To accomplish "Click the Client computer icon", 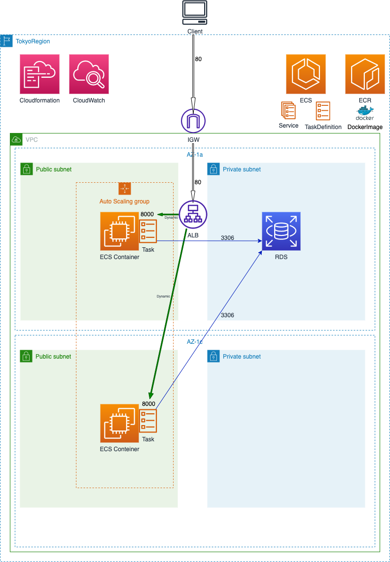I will pyautogui.click(x=195, y=13).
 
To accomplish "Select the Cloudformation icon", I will pyautogui.click(x=39, y=74).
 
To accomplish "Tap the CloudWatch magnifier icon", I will pyautogui.click(x=89, y=74).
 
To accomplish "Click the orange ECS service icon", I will pyautogui.click(x=306, y=74).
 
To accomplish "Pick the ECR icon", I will pyautogui.click(x=365, y=74).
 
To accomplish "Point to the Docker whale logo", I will pyautogui.click(x=365, y=116).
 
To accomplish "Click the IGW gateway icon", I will pyautogui.click(x=193, y=121).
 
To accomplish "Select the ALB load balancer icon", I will pyautogui.click(x=193, y=214).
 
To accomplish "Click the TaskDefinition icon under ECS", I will pyautogui.click(x=323, y=111).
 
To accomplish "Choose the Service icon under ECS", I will pyautogui.click(x=288, y=111).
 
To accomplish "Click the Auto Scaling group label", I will pyautogui.click(x=124, y=201).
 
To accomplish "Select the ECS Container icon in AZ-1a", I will pyautogui.click(x=119, y=231).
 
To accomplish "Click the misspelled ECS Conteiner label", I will pyautogui.click(x=119, y=449).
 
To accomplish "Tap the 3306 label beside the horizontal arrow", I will pyautogui.click(x=227, y=238).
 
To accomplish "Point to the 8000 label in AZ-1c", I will pyautogui.click(x=148, y=404).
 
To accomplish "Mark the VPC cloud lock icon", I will pyautogui.click(x=16, y=139).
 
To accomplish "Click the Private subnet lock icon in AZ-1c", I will pyautogui.click(x=213, y=356).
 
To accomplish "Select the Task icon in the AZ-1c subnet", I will pyautogui.click(x=148, y=421).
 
